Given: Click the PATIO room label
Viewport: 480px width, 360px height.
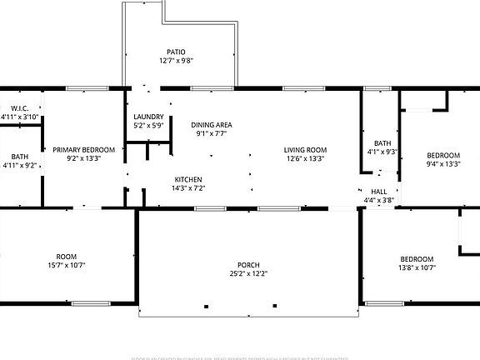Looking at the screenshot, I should [x=176, y=52].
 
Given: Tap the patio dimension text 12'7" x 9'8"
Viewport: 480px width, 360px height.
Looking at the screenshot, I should [x=176, y=61].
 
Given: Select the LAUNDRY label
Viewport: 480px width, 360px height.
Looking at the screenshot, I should [x=148, y=117].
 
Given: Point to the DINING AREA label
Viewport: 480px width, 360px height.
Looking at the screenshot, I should [x=212, y=124].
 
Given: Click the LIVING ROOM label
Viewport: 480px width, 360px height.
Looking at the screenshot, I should [x=305, y=149].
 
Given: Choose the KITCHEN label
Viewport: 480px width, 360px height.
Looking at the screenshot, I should [x=187, y=180].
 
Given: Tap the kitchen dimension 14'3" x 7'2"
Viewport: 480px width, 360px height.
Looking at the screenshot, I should [x=187, y=189].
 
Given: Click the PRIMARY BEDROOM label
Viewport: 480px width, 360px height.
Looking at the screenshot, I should [x=83, y=149].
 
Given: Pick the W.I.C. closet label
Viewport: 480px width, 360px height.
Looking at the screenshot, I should [x=20, y=108].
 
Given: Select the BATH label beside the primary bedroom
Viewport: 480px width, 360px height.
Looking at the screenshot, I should [x=19, y=156].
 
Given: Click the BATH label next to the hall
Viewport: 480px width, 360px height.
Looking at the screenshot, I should [x=382, y=142].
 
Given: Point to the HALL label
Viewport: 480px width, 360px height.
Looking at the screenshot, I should [x=379, y=192].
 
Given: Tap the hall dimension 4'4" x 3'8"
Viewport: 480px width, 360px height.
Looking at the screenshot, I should [x=379, y=201].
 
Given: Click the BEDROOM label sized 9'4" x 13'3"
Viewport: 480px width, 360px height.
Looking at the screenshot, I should [x=443, y=155].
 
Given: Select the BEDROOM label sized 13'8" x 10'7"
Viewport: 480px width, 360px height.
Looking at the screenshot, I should [x=416, y=258].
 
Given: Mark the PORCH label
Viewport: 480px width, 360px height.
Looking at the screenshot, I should [x=249, y=264].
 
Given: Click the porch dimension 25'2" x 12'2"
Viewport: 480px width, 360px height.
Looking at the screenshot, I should [x=249, y=273].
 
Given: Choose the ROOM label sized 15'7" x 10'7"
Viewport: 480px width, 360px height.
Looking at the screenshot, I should [x=66, y=257].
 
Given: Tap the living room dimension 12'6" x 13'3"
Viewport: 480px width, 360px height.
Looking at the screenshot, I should [x=305, y=158].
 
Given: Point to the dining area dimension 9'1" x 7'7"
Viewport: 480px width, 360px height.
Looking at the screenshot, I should [x=212, y=133].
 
